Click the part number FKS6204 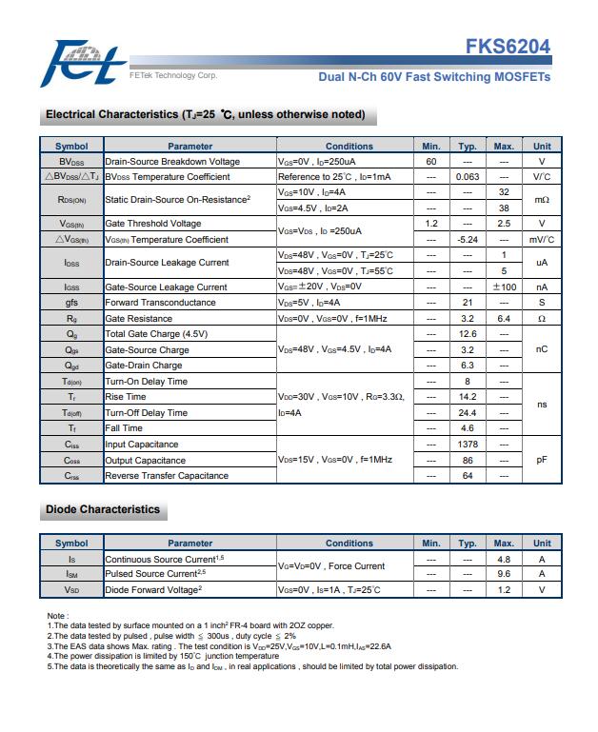(508, 48)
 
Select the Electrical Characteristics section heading (205, 115)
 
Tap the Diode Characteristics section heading (103, 510)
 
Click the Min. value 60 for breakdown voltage (430, 162)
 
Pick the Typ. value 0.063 (468, 177)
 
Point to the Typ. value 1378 (468, 445)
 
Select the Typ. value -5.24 (468, 240)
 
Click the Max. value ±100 (504, 287)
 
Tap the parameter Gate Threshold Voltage (153, 224)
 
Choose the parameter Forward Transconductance (160, 303)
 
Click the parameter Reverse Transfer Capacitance (167, 476)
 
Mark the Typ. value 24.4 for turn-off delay (468, 413)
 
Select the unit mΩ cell (542, 200)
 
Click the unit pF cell (542, 460)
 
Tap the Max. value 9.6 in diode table (504, 574)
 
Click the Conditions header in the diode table (349, 544)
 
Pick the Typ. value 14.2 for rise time (468, 397)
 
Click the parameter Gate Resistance (139, 319)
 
